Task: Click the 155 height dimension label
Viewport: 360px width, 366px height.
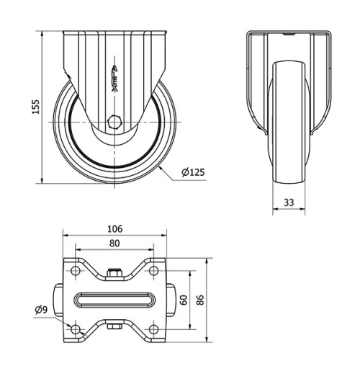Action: (35, 106)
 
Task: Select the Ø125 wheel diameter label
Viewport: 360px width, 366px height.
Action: (193, 172)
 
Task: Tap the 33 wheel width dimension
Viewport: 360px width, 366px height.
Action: (288, 202)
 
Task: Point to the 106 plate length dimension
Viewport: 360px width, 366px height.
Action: (114, 229)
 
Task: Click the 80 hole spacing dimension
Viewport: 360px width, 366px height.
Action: (114, 244)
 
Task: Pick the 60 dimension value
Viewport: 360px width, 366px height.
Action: (184, 299)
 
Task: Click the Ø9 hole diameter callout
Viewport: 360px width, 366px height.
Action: (41, 311)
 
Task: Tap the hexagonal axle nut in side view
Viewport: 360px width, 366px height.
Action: (115, 121)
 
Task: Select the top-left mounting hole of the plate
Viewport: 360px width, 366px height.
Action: (75, 271)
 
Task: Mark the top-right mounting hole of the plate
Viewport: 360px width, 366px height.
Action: (153, 271)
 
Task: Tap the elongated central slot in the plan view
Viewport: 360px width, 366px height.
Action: (114, 300)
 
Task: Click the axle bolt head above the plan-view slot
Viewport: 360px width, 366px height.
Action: (114, 273)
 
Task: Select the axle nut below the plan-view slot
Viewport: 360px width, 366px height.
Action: (114, 328)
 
